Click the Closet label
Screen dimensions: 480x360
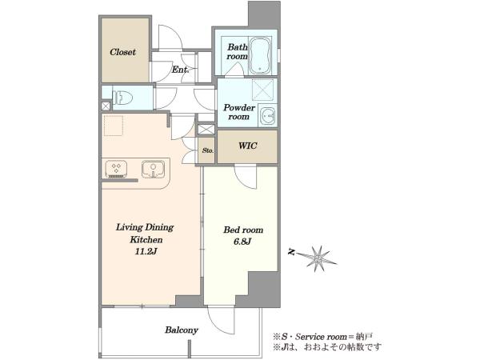click(x=122, y=52)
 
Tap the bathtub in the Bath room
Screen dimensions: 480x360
click(x=260, y=56)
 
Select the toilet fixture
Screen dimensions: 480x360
click(x=122, y=98)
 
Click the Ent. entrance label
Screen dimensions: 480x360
click(x=180, y=70)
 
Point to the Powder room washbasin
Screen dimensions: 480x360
click(x=268, y=116)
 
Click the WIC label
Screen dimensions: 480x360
click(x=248, y=146)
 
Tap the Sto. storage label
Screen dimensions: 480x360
click(x=208, y=150)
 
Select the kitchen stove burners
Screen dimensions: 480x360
click(x=116, y=169)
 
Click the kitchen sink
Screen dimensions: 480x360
click(x=153, y=169)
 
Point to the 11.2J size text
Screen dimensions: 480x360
click(x=146, y=252)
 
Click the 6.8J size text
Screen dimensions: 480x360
click(x=242, y=242)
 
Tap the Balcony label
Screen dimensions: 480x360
click(x=182, y=330)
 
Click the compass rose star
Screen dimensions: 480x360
click(x=319, y=259)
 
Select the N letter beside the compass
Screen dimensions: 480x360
click(x=292, y=252)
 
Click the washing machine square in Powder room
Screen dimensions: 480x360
click(x=262, y=90)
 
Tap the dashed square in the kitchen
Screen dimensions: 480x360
click(x=114, y=126)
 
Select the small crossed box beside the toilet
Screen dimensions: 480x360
click(x=106, y=106)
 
